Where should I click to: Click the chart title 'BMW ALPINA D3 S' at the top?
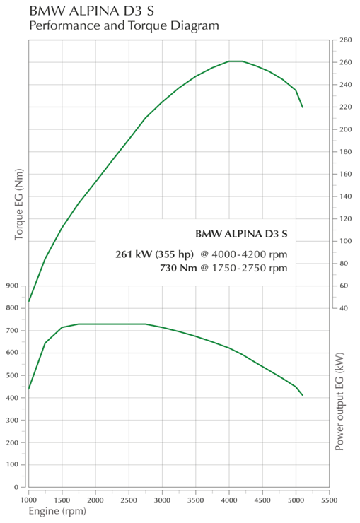[x=92, y=11]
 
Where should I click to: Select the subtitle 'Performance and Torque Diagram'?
[x=124, y=25]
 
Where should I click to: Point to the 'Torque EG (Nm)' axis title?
[x=19, y=204]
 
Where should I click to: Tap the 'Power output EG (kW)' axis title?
[x=339, y=401]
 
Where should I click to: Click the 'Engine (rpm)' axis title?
[x=57, y=511]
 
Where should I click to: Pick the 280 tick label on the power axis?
[x=346, y=40]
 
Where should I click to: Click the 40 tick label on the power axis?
[x=344, y=308]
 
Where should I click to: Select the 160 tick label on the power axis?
[x=346, y=174]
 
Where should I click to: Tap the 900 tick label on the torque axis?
[x=12, y=286]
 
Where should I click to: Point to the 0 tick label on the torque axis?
[x=16, y=487]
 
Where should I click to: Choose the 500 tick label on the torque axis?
[x=12, y=375]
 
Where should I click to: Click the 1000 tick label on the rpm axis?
[x=29, y=500]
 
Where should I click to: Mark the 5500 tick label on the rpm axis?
[x=330, y=500]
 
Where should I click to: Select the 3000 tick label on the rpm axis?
[x=162, y=500]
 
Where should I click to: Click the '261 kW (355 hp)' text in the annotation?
[x=154, y=254]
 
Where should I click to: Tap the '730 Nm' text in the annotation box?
[x=178, y=268]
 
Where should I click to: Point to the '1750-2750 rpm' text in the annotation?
[x=250, y=268]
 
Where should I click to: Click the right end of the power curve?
[x=303, y=107]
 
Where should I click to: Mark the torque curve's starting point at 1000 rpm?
[x=29, y=389]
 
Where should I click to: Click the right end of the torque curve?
[x=303, y=395]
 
